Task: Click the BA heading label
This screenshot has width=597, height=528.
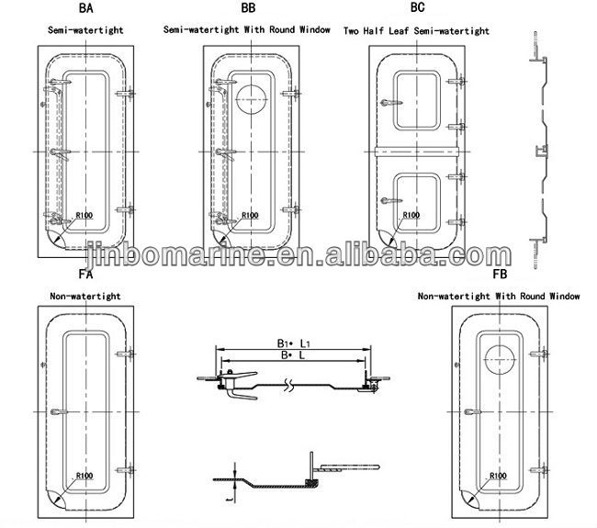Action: point(85,8)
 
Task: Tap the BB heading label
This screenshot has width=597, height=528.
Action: point(248,8)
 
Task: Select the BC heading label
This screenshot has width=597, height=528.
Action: point(417,7)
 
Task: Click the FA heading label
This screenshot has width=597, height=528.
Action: point(85,274)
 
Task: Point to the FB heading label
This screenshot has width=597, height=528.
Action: point(500,274)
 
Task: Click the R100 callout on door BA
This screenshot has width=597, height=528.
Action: point(84,216)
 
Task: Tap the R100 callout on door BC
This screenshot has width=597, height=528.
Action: point(411,215)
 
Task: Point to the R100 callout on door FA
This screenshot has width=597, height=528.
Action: point(84,476)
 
